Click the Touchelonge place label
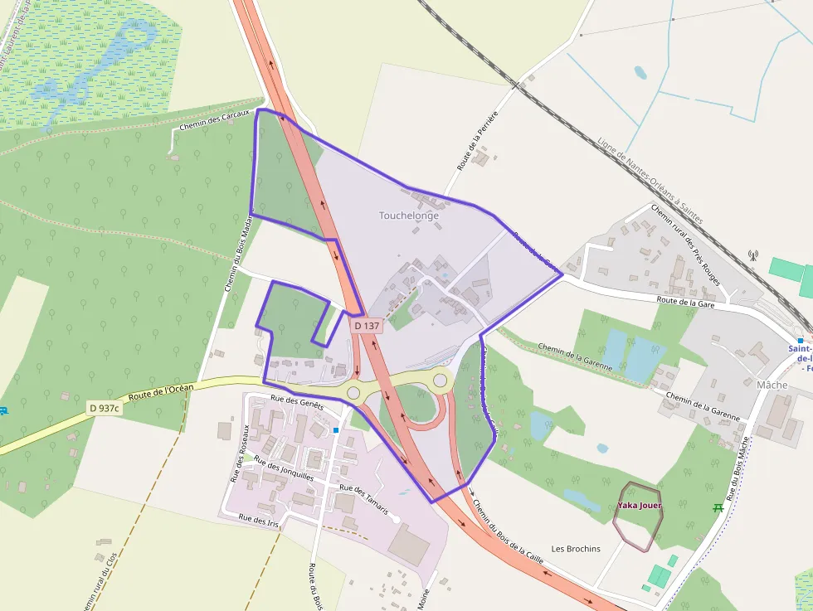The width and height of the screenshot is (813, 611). (409, 216)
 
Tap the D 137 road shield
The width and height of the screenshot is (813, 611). (367, 326)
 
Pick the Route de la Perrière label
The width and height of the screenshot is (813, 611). (476, 141)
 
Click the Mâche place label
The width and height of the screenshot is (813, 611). (772, 385)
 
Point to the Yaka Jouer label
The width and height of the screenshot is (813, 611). (639, 506)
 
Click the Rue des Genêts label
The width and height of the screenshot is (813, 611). (296, 402)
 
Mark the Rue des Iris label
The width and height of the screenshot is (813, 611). (258, 521)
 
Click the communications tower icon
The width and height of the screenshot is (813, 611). (753, 255)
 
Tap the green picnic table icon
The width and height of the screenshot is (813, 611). (718, 507)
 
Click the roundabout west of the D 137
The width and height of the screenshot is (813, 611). (354, 392)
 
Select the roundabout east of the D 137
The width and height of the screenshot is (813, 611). (441, 381)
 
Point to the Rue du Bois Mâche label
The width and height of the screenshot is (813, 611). (738, 468)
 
